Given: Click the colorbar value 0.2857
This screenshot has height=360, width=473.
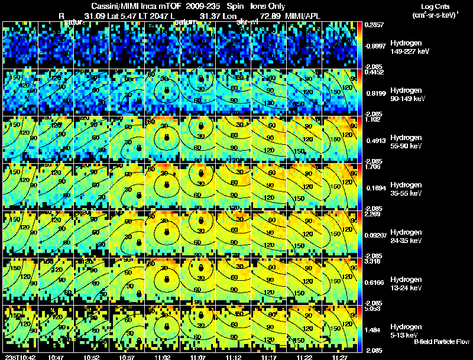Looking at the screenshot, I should click(x=374, y=25).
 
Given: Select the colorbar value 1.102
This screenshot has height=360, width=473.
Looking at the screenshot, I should click(x=374, y=120).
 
